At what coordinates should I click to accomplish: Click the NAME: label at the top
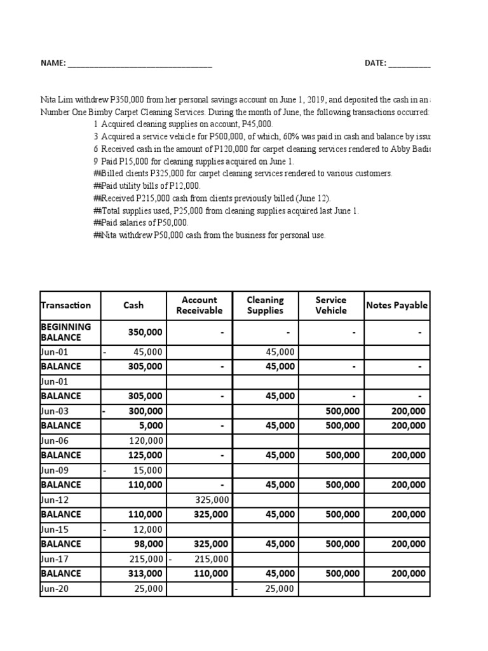pyautogui.click(x=53, y=64)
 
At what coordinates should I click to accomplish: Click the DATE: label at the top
pyautogui.click(x=375, y=64)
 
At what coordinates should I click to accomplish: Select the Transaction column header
pyautogui.click(x=65, y=305)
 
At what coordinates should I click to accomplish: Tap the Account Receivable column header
pyautogui.click(x=199, y=305)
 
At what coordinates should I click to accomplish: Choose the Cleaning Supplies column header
pyautogui.click(x=265, y=305)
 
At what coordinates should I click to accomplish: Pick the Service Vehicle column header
pyautogui.click(x=331, y=305)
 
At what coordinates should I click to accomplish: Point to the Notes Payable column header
pyautogui.click(x=397, y=305)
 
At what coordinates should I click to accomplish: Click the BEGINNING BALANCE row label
pyautogui.click(x=65, y=332)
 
